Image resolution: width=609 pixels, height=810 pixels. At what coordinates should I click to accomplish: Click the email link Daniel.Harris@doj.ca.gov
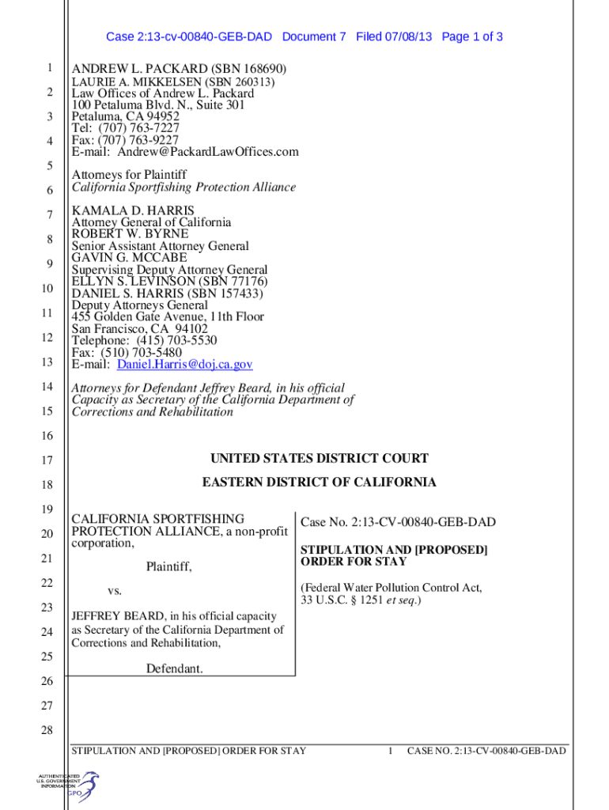(185, 365)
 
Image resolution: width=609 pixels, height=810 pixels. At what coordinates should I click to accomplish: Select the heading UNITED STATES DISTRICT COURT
(319, 459)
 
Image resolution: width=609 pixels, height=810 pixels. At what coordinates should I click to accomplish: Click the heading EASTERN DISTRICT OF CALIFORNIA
(319, 483)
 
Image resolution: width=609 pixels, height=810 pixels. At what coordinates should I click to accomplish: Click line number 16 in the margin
(48, 436)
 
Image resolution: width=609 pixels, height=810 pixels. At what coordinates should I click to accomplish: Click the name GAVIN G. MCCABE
(130, 258)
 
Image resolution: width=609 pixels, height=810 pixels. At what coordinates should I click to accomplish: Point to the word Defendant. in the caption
(174, 669)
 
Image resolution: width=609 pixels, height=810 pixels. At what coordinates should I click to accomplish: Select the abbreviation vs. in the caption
(115, 592)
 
